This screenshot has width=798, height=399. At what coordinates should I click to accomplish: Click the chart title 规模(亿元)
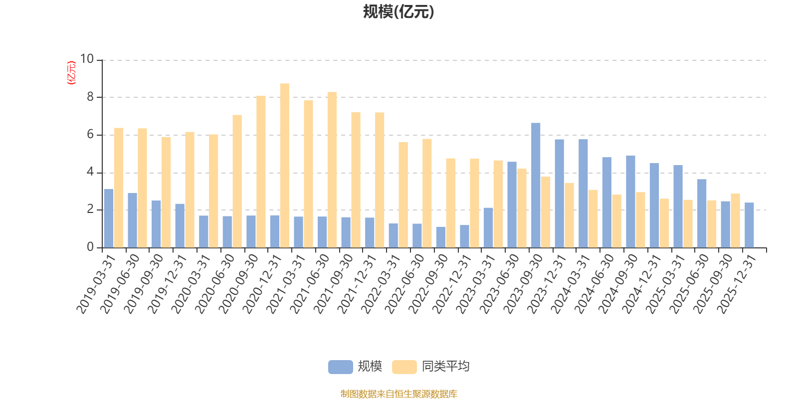pyautogui.click(x=398, y=12)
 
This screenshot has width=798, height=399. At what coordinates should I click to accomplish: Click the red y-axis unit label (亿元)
pyautogui.click(x=71, y=73)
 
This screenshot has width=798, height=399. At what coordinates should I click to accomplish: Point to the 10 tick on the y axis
pyautogui.click(x=87, y=59)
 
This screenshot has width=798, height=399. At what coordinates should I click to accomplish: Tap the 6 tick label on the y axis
pyautogui.click(x=90, y=135)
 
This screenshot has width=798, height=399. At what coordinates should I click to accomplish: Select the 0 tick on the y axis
pyautogui.click(x=90, y=247)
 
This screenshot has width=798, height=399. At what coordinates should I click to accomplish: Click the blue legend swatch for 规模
pyautogui.click(x=340, y=367)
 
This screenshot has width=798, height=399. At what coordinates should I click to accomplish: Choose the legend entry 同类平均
pyautogui.click(x=445, y=367)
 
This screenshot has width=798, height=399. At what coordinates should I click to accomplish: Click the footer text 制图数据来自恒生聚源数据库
pyautogui.click(x=399, y=394)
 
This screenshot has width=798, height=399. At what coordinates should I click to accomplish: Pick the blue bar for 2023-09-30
pyautogui.click(x=536, y=185)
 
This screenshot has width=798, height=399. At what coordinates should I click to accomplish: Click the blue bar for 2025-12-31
pyautogui.click(x=749, y=225)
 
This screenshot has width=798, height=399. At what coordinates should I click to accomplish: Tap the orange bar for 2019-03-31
pyautogui.click(x=118, y=188)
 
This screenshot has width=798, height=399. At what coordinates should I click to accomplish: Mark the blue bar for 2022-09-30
pyautogui.click(x=441, y=237)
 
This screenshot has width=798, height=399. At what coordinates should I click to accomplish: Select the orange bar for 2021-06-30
pyautogui.click(x=332, y=170)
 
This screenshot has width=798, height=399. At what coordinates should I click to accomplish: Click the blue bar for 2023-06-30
pyautogui.click(x=512, y=204)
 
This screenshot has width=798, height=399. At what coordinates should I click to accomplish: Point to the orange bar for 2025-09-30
pyautogui.click(x=735, y=220)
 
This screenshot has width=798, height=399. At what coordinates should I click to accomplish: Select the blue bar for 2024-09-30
pyautogui.click(x=630, y=201)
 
